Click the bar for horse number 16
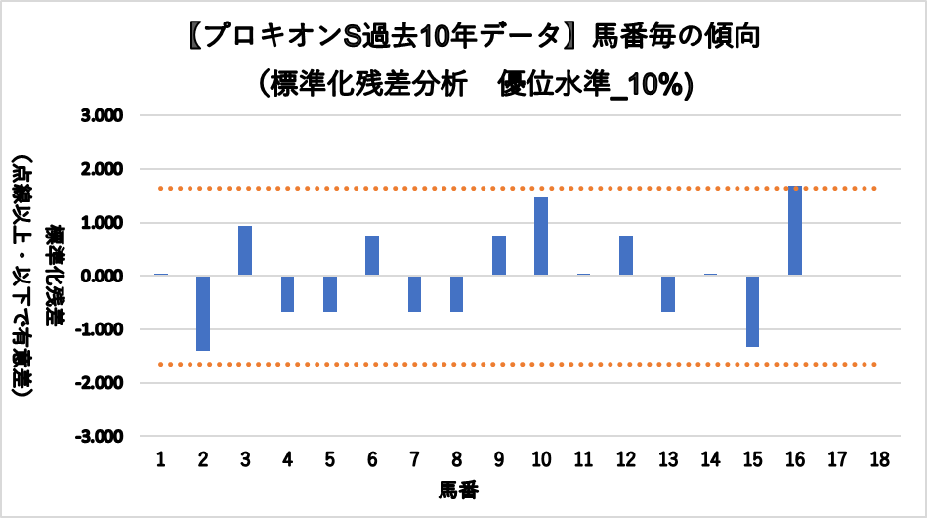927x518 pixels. pyautogui.click(x=795, y=231)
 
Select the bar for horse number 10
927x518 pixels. pyautogui.click(x=541, y=237)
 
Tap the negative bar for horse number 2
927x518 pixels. pyautogui.click(x=203, y=313)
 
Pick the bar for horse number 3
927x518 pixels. pyautogui.click(x=245, y=250)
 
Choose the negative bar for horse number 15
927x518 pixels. pyautogui.click(x=752, y=311)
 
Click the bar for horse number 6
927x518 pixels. pyautogui.click(x=372, y=255)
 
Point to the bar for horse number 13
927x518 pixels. pyautogui.click(x=668, y=293)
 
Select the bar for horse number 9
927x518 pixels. pyautogui.click(x=499, y=255)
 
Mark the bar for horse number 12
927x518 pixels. pyautogui.click(x=626, y=255)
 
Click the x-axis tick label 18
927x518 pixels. pyautogui.click(x=879, y=459)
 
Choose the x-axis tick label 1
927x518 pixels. pyautogui.click(x=161, y=459)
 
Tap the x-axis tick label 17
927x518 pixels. pyautogui.click(x=837, y=459)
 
